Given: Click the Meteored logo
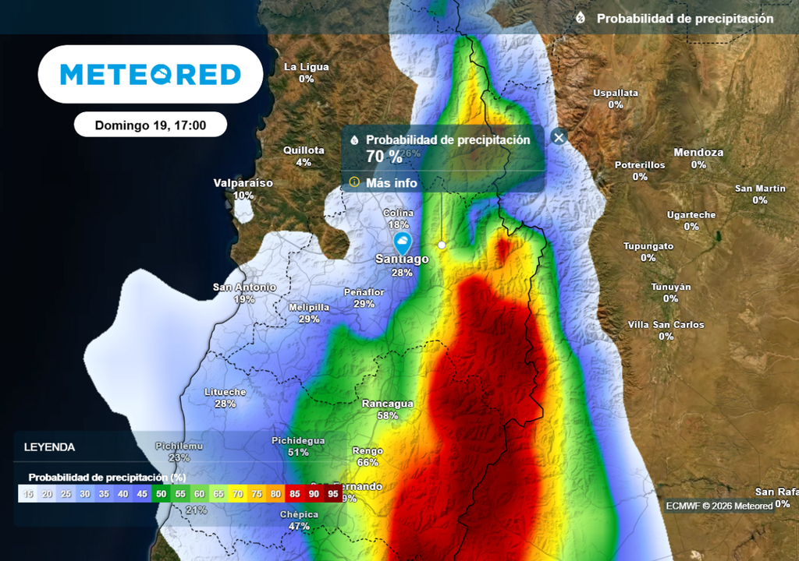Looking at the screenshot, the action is pos(151,74).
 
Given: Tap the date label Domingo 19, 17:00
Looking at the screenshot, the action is pos(151,125).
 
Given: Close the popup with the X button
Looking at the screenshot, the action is pos(559,137).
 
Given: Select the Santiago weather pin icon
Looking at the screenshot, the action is pos(403,242).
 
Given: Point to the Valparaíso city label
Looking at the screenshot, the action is pos(243,183).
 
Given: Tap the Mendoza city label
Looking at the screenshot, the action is pos(698,153).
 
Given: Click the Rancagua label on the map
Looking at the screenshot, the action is pos(388,404).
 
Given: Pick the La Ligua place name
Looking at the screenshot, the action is pos(306,67).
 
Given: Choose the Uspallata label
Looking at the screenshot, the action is pos(616,93).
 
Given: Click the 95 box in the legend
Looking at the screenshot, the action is pos(333,493).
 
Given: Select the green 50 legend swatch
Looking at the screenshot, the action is pos(160,493).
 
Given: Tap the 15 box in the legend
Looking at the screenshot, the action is pos(28,493).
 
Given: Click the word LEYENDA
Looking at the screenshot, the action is pos(50,447).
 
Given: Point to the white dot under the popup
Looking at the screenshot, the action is pos(442,245).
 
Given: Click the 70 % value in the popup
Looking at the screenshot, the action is pos(384,156).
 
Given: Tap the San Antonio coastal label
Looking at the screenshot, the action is pos(244,288).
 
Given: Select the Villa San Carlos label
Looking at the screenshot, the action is pos(666,324).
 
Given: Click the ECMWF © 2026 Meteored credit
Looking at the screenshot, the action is pos(719,506).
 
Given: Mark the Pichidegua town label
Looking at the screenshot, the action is pos(298,440).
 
